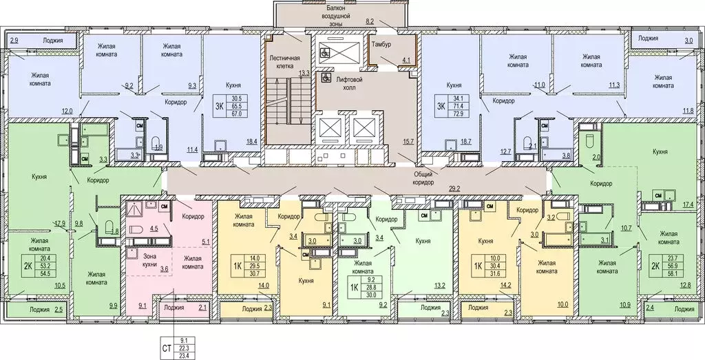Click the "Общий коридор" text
coord(423,178)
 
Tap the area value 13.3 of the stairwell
coord(304,74)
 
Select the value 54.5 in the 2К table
coord(44,273)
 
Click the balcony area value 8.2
coord(370,21)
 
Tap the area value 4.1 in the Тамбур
coord(406,59)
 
